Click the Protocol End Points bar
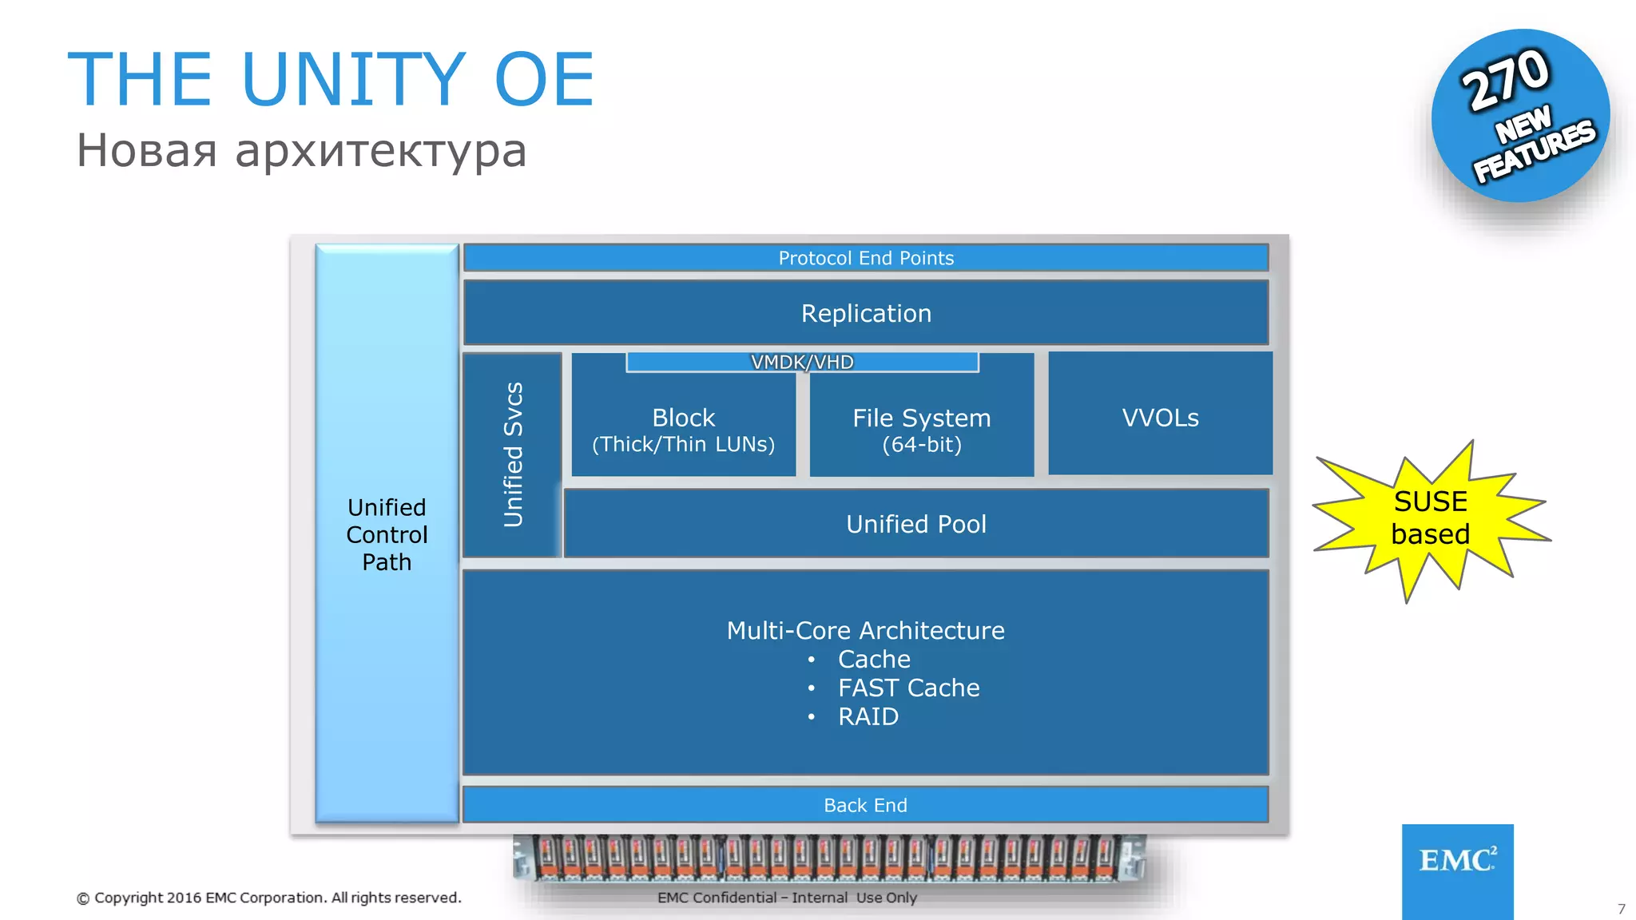coord(866,258)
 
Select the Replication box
coord(866,313)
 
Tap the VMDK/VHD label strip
coord(802,363)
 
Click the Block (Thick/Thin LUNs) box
coord(683,430)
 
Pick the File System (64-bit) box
coord(921,430)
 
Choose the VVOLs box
coord(1160,417)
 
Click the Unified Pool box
coord(916,524)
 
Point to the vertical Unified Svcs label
coord(513,455)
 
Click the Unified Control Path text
coord(387,534)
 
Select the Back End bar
coord(866,805)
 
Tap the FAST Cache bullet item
coord(908,688)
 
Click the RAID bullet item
coord(868,716)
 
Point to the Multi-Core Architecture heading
coord(865,630)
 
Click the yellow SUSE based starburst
coord(1430,517)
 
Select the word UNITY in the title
coord(352,79)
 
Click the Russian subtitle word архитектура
coord(381,151)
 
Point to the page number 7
coord(1621,909)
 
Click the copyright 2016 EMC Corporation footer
coord(269,898)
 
